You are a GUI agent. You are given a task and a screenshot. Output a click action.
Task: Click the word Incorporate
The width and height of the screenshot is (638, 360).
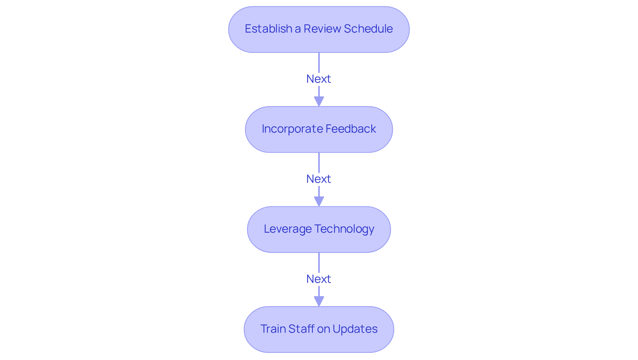point(292,129)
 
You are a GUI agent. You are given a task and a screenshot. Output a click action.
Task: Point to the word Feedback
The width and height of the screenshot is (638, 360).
point(351,129)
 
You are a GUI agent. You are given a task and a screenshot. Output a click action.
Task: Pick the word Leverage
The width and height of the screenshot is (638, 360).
point(287,229)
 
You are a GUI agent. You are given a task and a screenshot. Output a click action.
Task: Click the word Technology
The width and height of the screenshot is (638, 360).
point(344,229)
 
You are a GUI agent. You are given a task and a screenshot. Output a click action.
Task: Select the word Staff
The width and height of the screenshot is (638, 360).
point(301,329)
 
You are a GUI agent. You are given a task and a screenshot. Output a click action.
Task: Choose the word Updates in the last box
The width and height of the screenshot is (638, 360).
point(355,329)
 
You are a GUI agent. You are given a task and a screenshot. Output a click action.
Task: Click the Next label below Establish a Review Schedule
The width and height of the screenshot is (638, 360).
point(319,79)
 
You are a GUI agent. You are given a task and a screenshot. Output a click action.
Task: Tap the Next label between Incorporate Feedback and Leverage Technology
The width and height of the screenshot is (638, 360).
point(319,179)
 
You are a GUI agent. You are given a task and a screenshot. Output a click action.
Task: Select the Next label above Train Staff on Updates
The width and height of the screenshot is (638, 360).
point(319,279)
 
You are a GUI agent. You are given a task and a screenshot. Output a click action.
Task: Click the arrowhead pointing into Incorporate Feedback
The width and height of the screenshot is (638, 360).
point(319,101)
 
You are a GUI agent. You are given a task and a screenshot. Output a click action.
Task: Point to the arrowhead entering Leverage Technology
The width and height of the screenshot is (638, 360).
point(319,201)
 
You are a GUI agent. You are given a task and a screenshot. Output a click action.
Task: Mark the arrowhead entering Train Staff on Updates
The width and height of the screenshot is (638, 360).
point(319,301)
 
